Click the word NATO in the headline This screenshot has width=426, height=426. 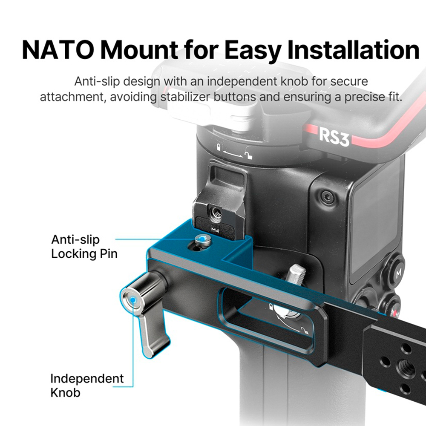tap(58, 50)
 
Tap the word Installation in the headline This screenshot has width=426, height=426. tap(353, 50)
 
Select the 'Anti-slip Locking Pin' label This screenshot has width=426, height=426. tap(84, 247)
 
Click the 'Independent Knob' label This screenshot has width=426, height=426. tap(87, 385)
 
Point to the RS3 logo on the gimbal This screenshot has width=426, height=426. tap(334, 137)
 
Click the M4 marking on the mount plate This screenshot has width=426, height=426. tap(215, 230)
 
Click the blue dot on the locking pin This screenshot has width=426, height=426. tap(202, 239)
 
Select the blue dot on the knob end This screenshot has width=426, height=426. tap(132, 299)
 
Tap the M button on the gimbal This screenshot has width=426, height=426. tap(398, 273)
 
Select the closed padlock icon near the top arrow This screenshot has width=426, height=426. tap(219, 147)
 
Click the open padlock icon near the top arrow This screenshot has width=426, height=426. tap(248, 153)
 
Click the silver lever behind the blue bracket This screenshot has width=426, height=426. tap(296, 275)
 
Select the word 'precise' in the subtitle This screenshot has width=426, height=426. tap(363, 97)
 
